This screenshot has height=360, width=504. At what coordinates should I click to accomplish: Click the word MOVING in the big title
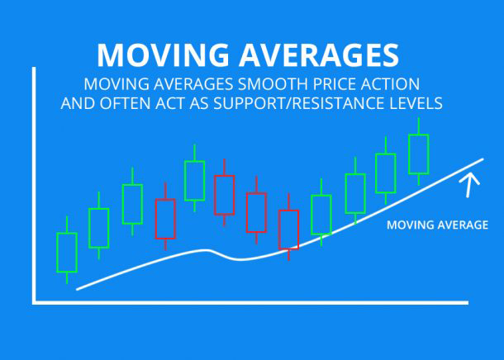163,54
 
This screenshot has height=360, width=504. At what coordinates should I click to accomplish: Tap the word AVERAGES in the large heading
319,54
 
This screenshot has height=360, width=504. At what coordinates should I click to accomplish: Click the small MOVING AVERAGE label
437,225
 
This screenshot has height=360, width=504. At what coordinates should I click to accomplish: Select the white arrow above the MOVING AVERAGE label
469,185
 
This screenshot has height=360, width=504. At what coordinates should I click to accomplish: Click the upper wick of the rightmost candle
419,126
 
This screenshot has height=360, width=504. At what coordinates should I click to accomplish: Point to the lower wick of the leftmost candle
67,278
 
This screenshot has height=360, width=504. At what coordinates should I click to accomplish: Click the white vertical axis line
34,185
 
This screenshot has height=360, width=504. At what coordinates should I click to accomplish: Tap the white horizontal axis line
250,302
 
